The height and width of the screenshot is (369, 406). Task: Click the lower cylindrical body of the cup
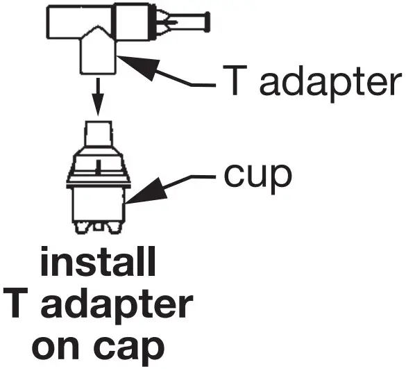pyautogui.click(x=101, y=204)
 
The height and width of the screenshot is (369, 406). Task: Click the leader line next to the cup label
pyautogui.click(x=191, y=179)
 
